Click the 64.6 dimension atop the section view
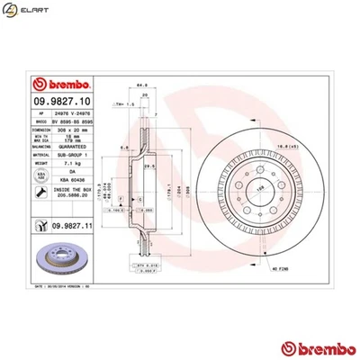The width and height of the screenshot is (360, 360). pyautogui.click(x=143, y=86)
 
